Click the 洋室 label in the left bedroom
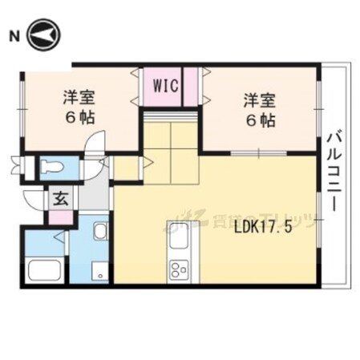pos(79,99)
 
